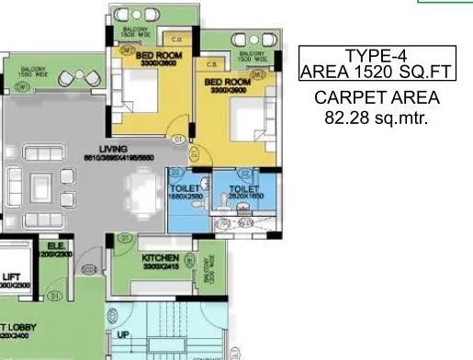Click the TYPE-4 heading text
[378, 55]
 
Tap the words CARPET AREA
[377, 98]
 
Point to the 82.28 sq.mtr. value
[377, 118]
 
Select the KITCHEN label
[161, 259]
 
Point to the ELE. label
[55, 246]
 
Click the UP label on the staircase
[123, 335]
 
